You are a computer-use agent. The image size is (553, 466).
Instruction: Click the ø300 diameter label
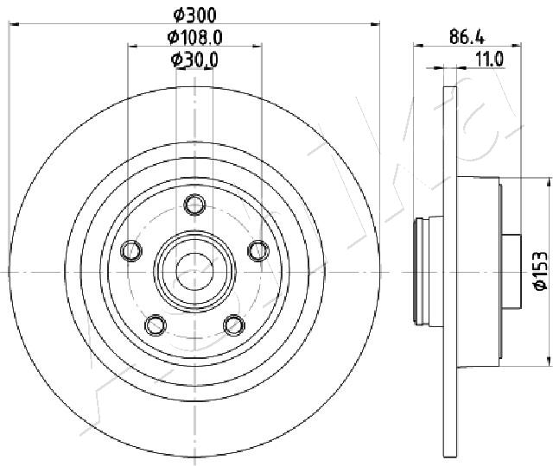click(x=194, y=15)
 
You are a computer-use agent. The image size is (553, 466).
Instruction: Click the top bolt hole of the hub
click(x=194, y=205)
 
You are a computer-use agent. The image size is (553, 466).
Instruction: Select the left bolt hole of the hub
click(x=132, y=250)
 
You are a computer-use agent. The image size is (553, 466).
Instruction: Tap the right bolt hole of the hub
click(x=257, y=250)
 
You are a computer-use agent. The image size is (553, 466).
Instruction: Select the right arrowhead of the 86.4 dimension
click(x=516, y=47)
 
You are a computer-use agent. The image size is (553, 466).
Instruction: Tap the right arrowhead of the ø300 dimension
click(x=378, y=25)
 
